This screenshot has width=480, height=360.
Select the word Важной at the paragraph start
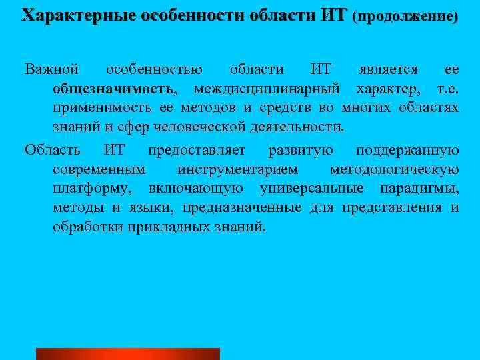[52, 69]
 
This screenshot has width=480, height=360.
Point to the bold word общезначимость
[114, 89]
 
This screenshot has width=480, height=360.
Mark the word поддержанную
[407, 149]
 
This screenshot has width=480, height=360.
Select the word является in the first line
[389, 69]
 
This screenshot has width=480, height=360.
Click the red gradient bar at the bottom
[127, 354]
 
